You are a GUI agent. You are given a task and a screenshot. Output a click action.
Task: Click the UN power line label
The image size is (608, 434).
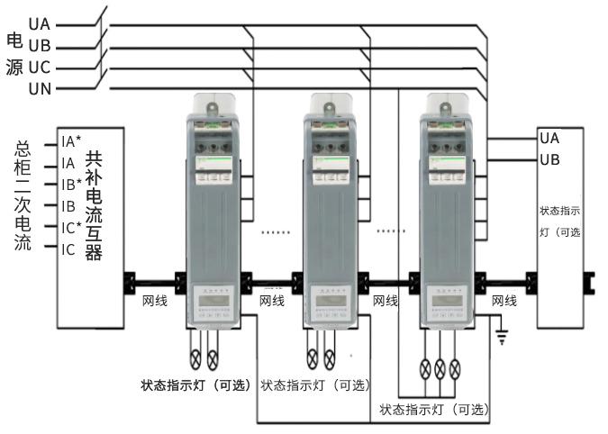(40, 88)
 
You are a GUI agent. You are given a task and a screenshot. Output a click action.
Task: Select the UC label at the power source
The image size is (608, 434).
(40, 67)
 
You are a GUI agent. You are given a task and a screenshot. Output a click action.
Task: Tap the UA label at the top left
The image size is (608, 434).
(40, 24)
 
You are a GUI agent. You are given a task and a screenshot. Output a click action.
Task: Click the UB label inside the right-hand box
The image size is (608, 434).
(549, 159)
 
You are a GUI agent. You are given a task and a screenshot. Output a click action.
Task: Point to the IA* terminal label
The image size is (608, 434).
(71, 140)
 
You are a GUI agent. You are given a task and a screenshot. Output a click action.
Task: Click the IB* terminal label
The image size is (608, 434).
(71, 184)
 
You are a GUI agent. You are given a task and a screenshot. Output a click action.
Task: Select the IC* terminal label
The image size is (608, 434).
(71, 227)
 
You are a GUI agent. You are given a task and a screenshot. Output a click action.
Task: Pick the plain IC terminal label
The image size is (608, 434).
(68, 249)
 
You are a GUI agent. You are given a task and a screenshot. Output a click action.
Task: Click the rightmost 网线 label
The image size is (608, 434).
(504, 301)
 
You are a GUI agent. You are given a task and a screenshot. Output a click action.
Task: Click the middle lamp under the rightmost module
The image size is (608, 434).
(440, 367)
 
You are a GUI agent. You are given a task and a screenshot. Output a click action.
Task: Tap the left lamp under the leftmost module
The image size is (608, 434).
(197, 357)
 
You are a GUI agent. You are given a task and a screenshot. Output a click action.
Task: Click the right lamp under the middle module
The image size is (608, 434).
(329, 357)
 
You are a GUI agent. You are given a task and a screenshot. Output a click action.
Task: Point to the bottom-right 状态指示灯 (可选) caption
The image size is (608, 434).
(434, 410)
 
